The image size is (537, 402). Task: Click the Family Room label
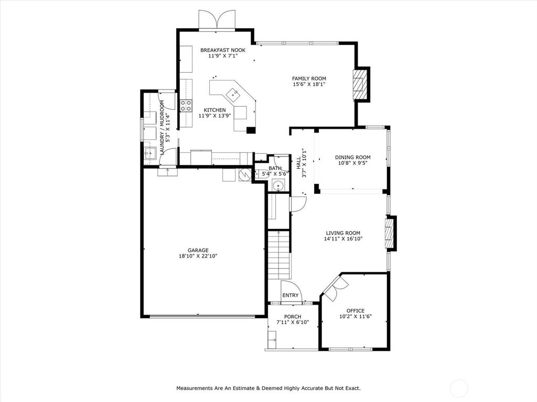(309, 79)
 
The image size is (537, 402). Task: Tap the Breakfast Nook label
(223, 50)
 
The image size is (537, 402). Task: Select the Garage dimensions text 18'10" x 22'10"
(198, 255)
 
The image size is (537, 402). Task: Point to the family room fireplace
(360, 84)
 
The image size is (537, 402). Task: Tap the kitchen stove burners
(186, 106)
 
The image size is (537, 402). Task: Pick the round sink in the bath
(278, 186)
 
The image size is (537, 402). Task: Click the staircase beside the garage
(279, 255)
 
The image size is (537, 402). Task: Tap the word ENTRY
(291, 295)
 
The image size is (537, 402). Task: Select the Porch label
(293, 317)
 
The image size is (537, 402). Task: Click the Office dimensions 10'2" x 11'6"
(356, 316)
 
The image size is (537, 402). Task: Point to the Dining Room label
(353, 157)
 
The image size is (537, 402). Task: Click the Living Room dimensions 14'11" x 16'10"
(343, 239)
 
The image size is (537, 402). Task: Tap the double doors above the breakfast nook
(217, 20)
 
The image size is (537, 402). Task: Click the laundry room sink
(150, 153)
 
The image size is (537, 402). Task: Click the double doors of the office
(336, 288)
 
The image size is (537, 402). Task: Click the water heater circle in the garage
(245, 174)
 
